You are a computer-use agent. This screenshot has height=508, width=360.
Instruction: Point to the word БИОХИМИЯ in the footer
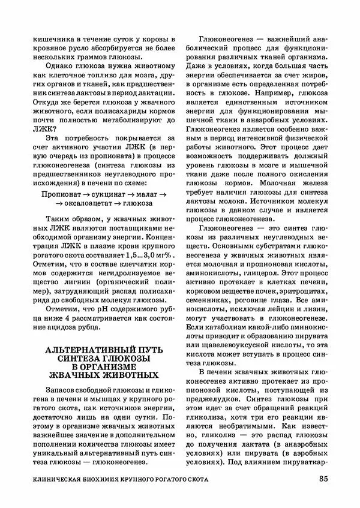click(126, 479)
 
